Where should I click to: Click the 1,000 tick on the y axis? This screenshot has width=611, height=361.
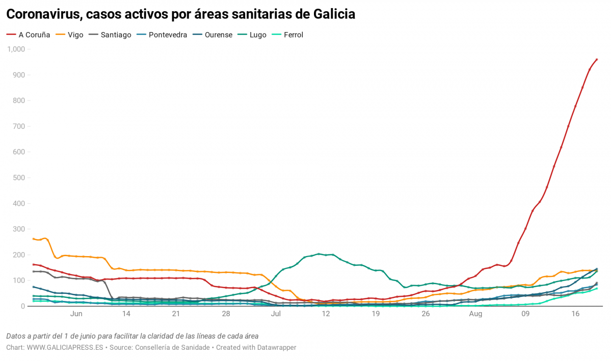16,49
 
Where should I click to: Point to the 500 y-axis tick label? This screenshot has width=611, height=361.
18,178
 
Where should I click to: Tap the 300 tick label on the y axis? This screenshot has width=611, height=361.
18,229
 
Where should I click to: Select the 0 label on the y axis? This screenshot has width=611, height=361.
23,306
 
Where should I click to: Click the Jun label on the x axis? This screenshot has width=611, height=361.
76,314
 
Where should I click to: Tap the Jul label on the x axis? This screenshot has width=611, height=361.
276,314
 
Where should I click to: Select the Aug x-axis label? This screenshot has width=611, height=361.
475,314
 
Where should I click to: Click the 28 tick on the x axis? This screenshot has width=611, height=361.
226,314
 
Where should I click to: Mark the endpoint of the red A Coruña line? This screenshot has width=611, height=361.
597,59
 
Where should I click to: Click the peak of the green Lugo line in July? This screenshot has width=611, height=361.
318,254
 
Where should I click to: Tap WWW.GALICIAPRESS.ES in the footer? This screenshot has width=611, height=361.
65,347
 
